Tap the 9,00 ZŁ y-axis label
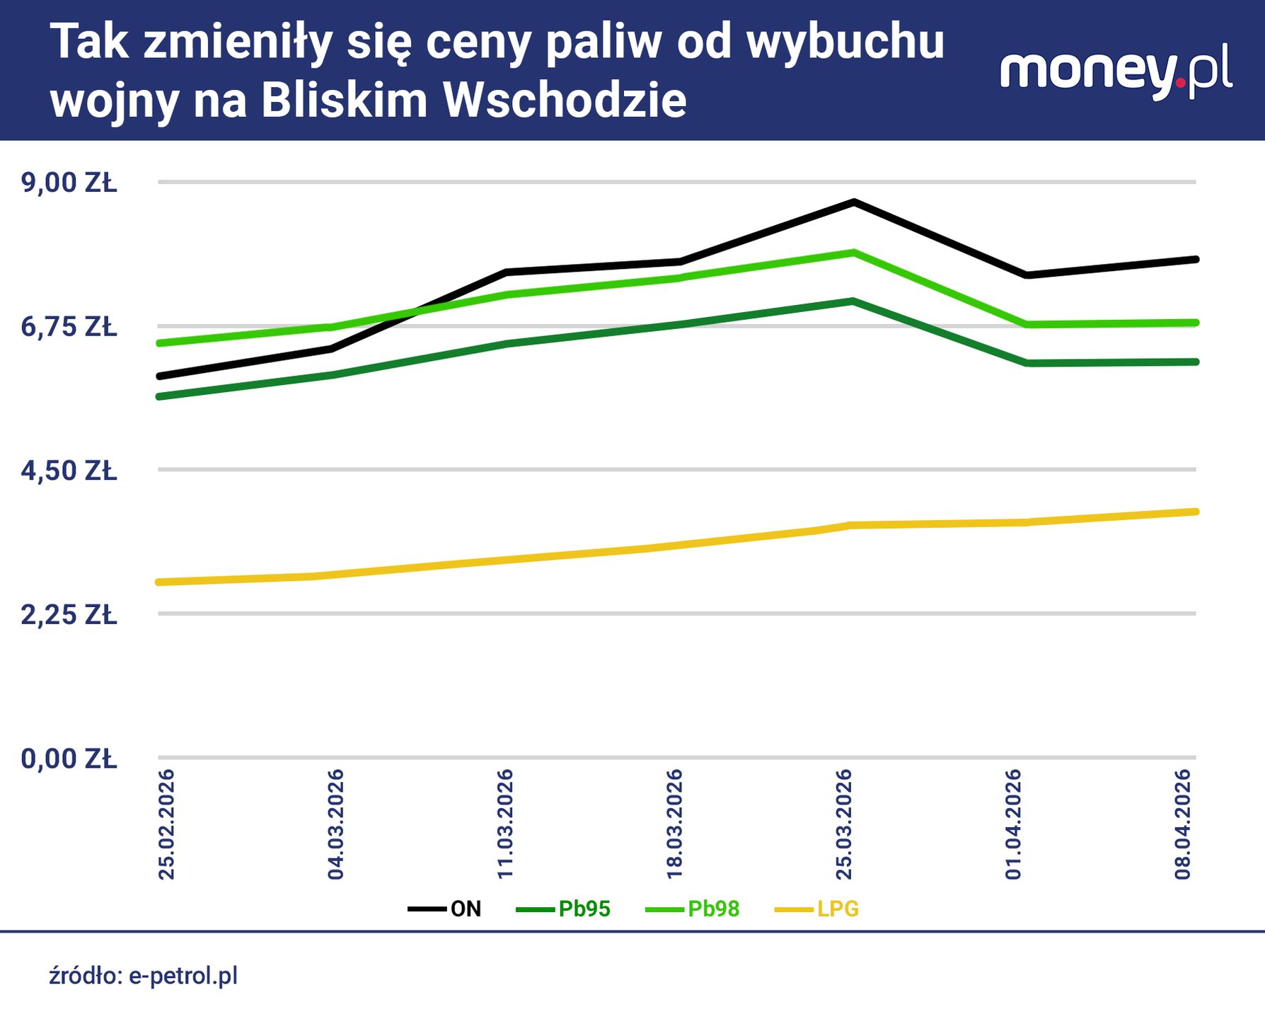[x=69, y=183]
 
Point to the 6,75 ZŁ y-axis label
[x=69, y=327]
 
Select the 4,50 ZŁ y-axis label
[x=69, y=471]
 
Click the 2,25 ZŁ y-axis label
[x=69, y=615]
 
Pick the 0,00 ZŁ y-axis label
[x=69, y=759]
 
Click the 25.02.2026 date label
[x=166, y=824]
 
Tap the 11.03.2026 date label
[x=505, y=824]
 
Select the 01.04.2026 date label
[x=1014, y=824]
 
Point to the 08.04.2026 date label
[x=1183, y=824]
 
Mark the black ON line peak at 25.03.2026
[x=854, y=202]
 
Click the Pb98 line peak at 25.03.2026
[x=854, y=252]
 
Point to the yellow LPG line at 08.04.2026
[x=1194, y=512]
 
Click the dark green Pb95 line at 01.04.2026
[x=1026, y=363]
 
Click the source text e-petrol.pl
[x=183, y=976]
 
